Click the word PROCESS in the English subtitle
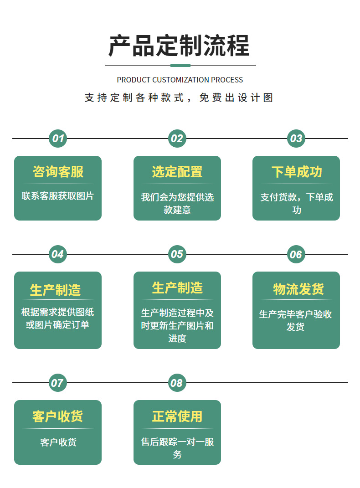pos(226,80)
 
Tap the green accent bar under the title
pos(180,66)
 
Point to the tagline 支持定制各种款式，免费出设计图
pos(179,98)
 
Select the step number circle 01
pos(58,139)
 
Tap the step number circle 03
pos(296,139)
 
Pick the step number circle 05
pos(177,254)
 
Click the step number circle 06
pos(296,254)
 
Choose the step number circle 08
pos(177,383)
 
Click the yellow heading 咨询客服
pos(58,172)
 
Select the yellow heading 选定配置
pos(177,172)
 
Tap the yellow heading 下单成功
pos(296,172)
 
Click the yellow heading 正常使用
pos(177,416)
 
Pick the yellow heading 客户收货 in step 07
pos(57,416)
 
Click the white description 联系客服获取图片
pos(58,196)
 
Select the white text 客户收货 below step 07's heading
pos(58,442)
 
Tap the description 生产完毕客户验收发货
pos(296,320)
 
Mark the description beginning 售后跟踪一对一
pos(177,448)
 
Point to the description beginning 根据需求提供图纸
pos(58,318)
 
